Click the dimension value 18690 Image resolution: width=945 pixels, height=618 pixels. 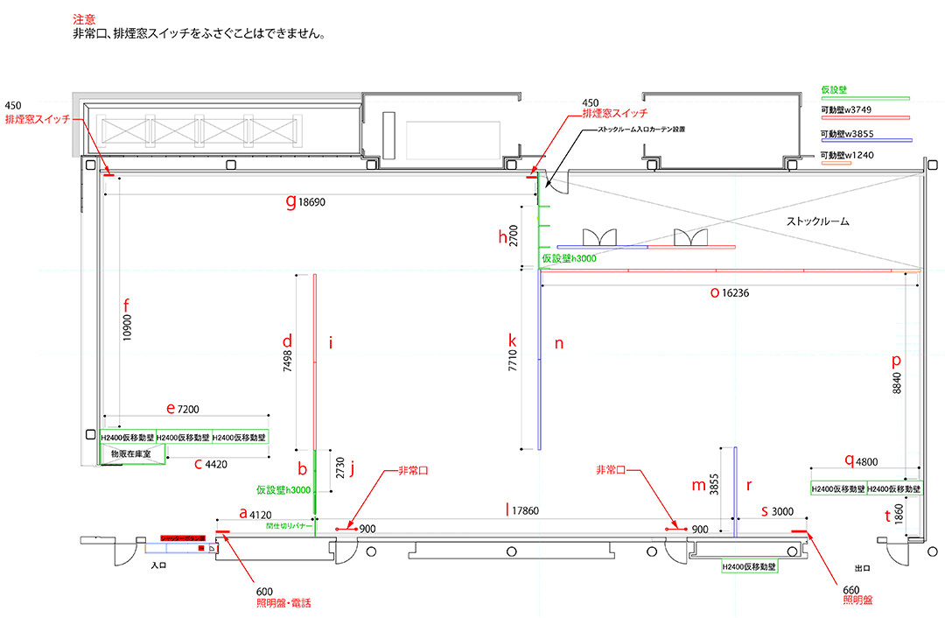tap(311, 201)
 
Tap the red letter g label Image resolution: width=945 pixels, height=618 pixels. tap(291, 200)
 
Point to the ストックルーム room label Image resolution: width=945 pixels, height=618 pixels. tap(818, 222)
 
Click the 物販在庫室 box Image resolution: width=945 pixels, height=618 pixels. tap(132, 455)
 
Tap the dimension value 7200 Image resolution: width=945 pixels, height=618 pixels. tap(190, 409)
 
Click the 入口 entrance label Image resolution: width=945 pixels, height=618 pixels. tap(158, 566)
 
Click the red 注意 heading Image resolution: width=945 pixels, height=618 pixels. tap(84, 18)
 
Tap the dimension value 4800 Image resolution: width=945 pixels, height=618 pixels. tap(868, 460)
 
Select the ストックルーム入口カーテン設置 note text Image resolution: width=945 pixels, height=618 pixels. tap(641, 128)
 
